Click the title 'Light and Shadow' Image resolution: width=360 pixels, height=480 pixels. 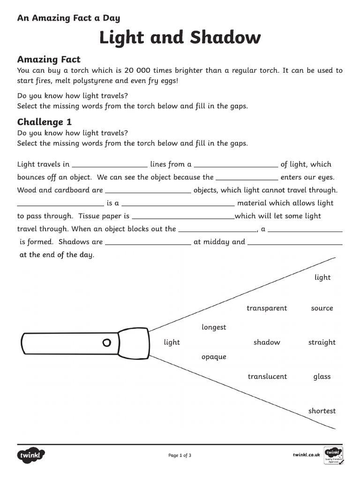pyautogui.click(x=180, y=37)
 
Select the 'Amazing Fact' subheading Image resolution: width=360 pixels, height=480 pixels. pyautogui.click(x=49, y=60)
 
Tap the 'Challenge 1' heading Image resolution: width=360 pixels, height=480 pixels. pyautogui.click(x=45, y=122)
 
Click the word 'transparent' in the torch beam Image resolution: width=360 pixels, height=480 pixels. pyautogui.click(x=267, y=308)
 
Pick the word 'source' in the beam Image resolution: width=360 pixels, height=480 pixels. pyautogui.click(x=322, y=308)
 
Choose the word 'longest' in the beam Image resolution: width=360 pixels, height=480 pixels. pyautogui.click(x=214, y=327)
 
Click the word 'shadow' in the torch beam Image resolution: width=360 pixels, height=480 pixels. pyautogui.click(x=267, y=342)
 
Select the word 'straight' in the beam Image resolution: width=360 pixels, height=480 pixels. pyautogui.click(x=322, y=342)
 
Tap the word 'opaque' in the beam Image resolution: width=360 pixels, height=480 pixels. pyautogui.click(x=214, y=357)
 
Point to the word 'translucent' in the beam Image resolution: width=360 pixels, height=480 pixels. pyautogui.click(x=267, y=376)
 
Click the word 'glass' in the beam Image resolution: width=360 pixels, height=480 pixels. pyautogui.click(x=322, y=376)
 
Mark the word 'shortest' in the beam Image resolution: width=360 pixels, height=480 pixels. pyautogui.click(x=322, y=411)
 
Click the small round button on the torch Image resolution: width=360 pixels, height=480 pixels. pyautogui.click(x=107, y=342)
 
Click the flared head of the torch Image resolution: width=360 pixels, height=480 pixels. pyautogui.click(x=133, y=342)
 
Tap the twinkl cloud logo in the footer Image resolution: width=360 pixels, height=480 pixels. pyautogui.click(x=31, y=455)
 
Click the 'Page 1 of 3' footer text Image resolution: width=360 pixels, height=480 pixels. pyautogui.click(x=180, y=455)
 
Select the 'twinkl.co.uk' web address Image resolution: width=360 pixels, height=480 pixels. pyautogui.click(x=306, y=455)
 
